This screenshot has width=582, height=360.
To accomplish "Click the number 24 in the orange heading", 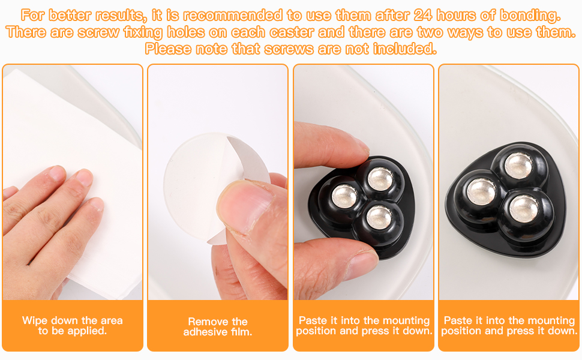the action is point(423,15).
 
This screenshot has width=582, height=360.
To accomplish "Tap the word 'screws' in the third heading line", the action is point(290,49).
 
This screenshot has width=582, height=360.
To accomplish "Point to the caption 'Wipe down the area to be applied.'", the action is point(73,325).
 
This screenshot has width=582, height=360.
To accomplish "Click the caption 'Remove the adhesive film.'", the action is point(218,326).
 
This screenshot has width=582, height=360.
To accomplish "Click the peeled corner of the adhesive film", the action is point(248,159).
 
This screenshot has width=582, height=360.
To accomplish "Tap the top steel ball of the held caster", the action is point(380,179).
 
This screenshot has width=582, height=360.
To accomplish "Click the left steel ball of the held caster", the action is point(344,196).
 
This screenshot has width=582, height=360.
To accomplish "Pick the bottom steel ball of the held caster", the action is point(379,217).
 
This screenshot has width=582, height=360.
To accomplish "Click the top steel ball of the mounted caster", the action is point(518,166).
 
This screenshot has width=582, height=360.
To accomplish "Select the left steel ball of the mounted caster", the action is point(481,191).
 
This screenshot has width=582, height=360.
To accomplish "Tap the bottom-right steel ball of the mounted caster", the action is point(524,208).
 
